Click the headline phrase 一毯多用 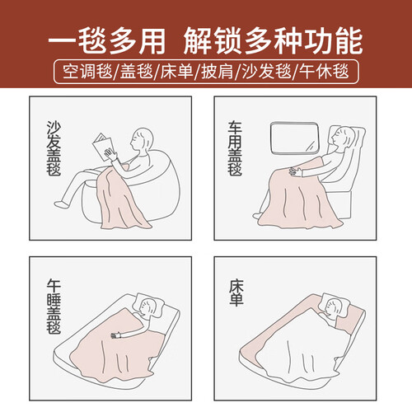(107, 42)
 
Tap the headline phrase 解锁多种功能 (274, 42)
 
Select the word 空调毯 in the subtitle (87, 72)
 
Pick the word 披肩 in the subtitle (217, 72)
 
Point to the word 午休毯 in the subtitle (324, 72)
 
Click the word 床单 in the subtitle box (176, 72)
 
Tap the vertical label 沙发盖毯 (54, 148)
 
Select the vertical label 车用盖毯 (235, 148)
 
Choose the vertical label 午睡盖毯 (54, 307)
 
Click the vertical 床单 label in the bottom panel (236, 293)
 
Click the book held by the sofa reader (103, 147)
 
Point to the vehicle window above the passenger (294, 138)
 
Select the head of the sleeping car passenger (343, 136)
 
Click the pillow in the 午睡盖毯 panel (147, 304)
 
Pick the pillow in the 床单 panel (335, 304)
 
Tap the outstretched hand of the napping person (117, 335)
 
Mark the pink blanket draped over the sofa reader (123, 199)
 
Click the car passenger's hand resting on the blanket (295, 171)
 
